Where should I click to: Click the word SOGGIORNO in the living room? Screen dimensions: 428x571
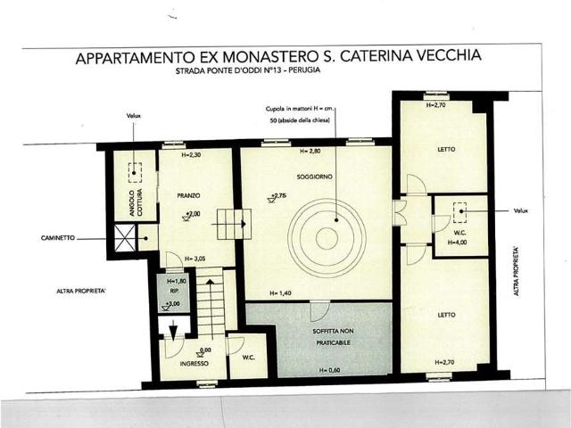tap(315, 177)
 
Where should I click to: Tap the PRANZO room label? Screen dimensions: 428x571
tap(188, 194)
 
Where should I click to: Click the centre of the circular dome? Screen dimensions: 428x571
tap(327, 237)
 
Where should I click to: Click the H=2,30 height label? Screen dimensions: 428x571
tap(192, 155)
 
